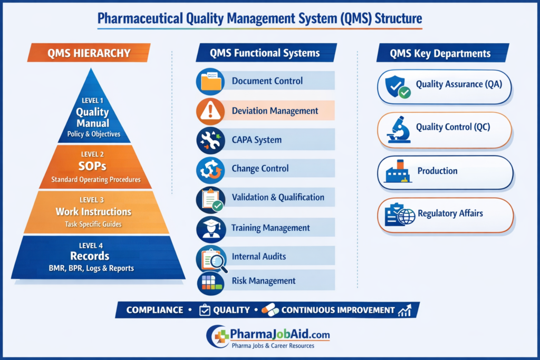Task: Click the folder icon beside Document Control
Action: click(x=210, y=81)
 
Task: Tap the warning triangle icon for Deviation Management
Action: click(x=210, y=111)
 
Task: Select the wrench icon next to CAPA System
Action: click(x=210, y=140)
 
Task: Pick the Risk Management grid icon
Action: click(x=211, y=283)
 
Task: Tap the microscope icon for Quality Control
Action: click(x=399, y=130)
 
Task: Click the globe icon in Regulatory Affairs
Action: click(x=407, y=217)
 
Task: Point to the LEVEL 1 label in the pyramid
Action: click(x=92, y=101)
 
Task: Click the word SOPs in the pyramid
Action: click(x=92, y=166)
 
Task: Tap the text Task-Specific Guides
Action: click(x=93, y=224)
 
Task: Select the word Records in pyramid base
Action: click(x=90, y=256)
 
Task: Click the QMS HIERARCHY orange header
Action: click(x=89, y=53)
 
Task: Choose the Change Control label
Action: click(x=260, y=168)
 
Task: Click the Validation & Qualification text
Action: click(x=278, y=197)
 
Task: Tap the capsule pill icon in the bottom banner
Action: click(x=270, y=310)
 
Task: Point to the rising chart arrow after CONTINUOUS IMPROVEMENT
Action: click(x=404, y=310)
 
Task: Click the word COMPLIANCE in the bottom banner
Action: click(x=155, y=310)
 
